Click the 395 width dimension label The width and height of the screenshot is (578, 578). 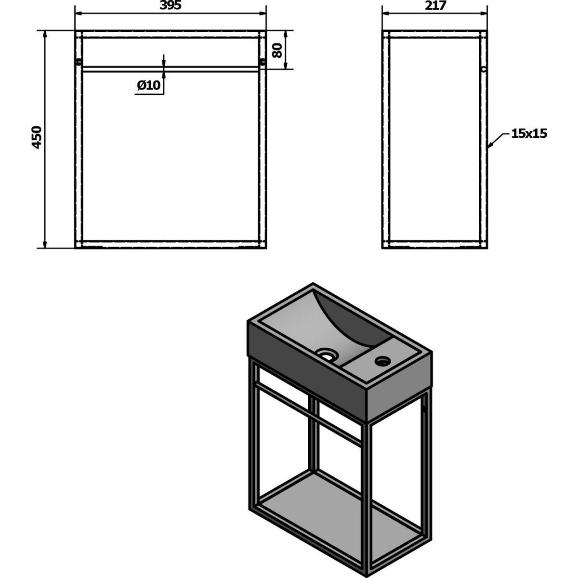click(171, 5)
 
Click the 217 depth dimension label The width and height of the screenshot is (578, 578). click(435, 5)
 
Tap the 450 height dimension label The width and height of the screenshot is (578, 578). click(37, 137)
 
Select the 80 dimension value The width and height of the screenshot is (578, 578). click(277, 50)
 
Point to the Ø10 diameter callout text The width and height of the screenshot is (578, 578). click(149, 86)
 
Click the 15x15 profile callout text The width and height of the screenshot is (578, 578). click(529, 133)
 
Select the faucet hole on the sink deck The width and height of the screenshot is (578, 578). click(383, 361)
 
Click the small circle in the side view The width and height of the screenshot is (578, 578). click(484, 69)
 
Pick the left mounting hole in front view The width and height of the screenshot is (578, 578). click(79, 62)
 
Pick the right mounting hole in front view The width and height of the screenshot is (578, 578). click(263, 62)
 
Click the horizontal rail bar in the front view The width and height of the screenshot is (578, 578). click(171, 69)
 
